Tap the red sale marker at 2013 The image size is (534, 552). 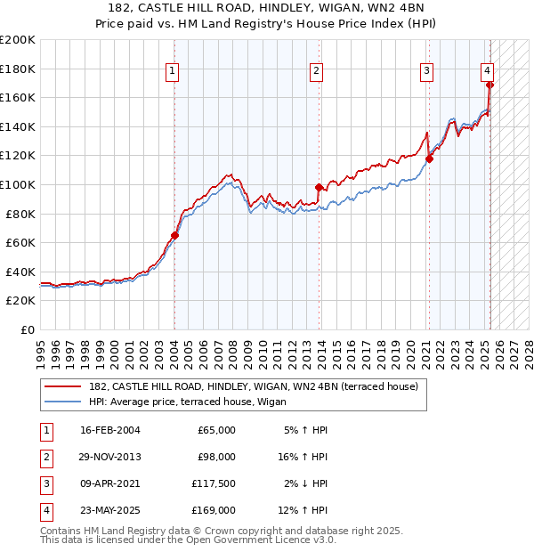tap(319, 187)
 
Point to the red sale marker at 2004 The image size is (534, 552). tap(174, 236)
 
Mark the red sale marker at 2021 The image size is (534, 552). tap(429, 159)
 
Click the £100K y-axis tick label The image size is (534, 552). tap(18, 184)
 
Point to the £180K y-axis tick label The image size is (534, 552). tap(18, 69)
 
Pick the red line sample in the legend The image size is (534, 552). tap(62, 386)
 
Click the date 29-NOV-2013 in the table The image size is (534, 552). tap(110, 457)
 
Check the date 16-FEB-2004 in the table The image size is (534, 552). tap(110, 430)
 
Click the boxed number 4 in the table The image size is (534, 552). tap(44, 510)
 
